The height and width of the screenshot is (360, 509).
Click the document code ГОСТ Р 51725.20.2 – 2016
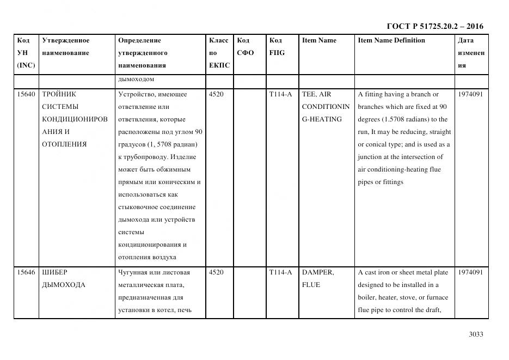click(434, 26)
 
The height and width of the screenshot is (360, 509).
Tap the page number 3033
click(476, 334)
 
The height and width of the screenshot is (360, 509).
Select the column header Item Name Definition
click(391, 40)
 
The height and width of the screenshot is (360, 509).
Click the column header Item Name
click(319, 40)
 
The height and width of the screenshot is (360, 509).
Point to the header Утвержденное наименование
click(66, 46)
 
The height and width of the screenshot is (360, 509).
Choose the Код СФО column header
click(246, 46)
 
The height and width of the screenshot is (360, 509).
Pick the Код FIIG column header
click(277, 46)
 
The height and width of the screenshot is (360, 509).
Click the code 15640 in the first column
click(26, 94)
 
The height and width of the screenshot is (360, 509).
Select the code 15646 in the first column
click(26, 272)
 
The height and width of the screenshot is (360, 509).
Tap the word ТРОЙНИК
click(59, 94)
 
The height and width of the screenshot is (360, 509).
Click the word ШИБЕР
click(54, 272)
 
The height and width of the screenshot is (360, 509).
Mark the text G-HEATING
click(322, 119)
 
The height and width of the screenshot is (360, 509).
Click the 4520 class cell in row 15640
click(216, 94)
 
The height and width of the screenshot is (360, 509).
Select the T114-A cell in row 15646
click(280, 272)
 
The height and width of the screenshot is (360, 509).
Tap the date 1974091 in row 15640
click(470, 94)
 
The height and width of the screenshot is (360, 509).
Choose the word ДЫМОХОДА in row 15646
click(64, 285)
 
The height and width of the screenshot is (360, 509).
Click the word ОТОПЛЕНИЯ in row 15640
click(64, 144)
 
